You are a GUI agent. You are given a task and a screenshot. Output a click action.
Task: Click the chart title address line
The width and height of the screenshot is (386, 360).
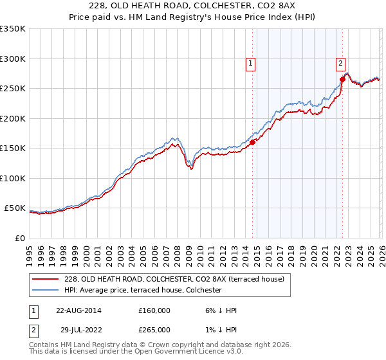coord(193,6)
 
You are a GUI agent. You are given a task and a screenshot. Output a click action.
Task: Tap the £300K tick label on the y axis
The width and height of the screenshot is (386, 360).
coord(13,59)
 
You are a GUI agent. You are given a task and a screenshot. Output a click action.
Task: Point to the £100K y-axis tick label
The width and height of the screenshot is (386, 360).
coord(13,178)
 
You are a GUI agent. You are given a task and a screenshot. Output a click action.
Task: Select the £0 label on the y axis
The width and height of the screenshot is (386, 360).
coord(19,238)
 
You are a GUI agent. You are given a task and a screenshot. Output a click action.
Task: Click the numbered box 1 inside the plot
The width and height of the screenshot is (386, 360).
coord(250,63)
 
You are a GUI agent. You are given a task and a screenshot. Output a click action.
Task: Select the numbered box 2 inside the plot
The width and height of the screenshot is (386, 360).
coord(340,63)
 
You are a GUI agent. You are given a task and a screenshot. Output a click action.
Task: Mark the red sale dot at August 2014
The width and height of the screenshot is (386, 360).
coord(252,142)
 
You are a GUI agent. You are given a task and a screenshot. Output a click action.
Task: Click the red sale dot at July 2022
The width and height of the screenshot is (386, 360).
coord(342,80)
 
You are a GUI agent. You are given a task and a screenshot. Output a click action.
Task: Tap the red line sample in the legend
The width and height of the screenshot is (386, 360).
coord(46,278)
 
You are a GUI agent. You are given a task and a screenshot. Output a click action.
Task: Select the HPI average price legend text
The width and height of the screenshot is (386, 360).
coord(143,290)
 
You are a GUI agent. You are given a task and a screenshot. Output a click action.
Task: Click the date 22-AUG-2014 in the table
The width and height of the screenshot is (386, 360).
coord(78,310)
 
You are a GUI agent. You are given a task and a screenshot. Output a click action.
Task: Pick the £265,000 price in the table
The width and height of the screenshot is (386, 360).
coord(154,330)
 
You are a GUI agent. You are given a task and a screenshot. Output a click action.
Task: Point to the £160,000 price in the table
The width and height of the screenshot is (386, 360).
coord(154,310)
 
